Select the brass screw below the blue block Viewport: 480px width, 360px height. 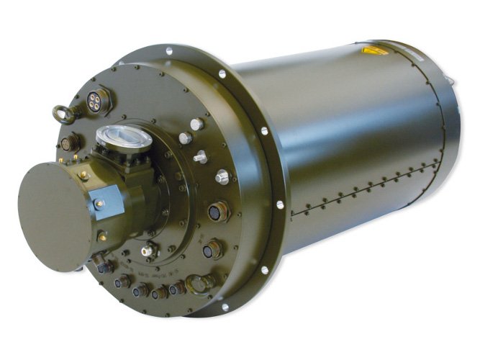(102, 235)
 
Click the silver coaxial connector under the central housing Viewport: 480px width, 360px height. (149, 251)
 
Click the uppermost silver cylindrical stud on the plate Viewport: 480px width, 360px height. (196, 124)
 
